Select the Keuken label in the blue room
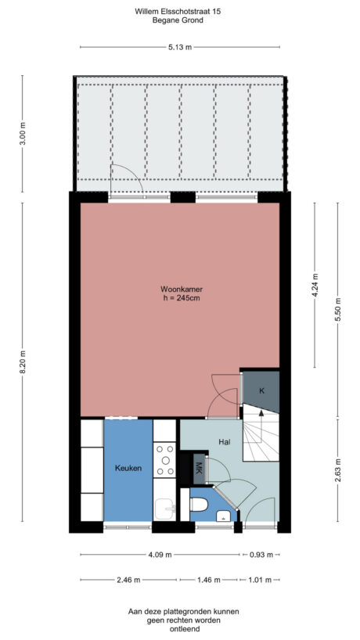(128, 469)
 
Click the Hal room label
(224, 442)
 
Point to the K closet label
(261, 390)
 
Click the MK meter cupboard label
(198, 469)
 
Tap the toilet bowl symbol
(199, 502)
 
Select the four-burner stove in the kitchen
(164, 460)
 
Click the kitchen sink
(164, 509)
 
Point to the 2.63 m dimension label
(338, 470)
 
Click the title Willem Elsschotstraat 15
(178, 12)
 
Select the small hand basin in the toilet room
(225, 515)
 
